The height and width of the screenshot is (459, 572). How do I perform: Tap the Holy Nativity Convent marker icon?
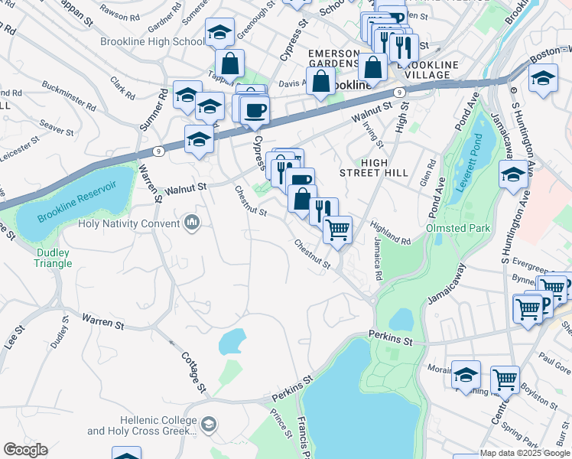(x=191, y=223)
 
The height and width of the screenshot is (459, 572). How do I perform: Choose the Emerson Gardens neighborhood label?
(x=333, y=58)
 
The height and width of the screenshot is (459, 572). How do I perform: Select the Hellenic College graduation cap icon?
(x=210, y=424)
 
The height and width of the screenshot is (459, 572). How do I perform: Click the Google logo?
(x=25, y=450)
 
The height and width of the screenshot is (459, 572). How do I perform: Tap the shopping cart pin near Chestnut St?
(x=337, y=229)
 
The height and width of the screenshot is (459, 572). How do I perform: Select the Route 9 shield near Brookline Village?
(x=399, y=92)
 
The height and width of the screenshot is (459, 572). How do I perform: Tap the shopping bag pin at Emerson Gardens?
(x=322, y=80)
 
